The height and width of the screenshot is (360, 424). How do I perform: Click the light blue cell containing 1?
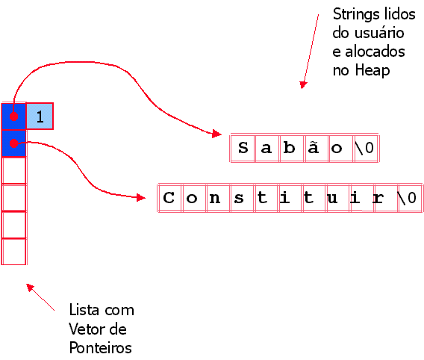point(40,117)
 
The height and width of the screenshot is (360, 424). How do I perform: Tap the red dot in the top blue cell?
point(13,117)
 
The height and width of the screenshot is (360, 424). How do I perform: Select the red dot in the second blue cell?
point(13,143)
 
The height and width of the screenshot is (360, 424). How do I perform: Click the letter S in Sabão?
point(243,148)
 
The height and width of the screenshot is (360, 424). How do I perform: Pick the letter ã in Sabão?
point(313,148)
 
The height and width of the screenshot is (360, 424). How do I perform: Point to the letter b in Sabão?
point(290,148)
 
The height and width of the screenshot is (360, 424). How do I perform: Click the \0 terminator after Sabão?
point(365,148)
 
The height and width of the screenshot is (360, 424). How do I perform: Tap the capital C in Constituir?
point(169,197)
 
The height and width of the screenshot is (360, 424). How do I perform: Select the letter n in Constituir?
point(215,198)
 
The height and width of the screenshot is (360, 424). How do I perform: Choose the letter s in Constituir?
point(239,198)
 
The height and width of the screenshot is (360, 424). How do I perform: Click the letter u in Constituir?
point(332,198)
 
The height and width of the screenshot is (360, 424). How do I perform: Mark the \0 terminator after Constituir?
point(407,198)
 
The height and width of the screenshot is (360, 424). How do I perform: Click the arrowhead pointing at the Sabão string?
point(217,134)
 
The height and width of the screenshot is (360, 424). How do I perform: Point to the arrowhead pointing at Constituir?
point(141,197)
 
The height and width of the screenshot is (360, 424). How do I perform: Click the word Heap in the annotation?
point(372,70)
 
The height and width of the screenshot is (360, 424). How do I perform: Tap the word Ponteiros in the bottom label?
point(100,347)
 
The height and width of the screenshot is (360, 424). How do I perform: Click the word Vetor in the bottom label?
point(84,329)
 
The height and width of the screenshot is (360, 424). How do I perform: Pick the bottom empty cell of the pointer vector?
point(13,252)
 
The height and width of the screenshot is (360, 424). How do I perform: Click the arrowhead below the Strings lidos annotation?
point(303,85)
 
